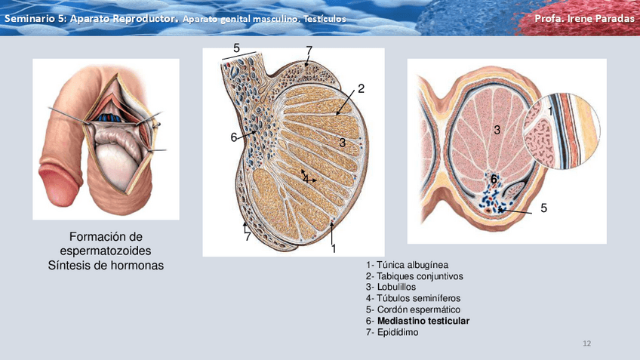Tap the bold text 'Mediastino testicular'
tap(423, 321)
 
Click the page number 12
tap(586, 345)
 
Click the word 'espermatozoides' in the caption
tap(106, 251)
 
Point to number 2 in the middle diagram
tap(362, 89)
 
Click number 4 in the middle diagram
tap(306, 178)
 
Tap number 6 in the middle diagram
tap(234, 137)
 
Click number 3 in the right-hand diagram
tap(497, 130)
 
